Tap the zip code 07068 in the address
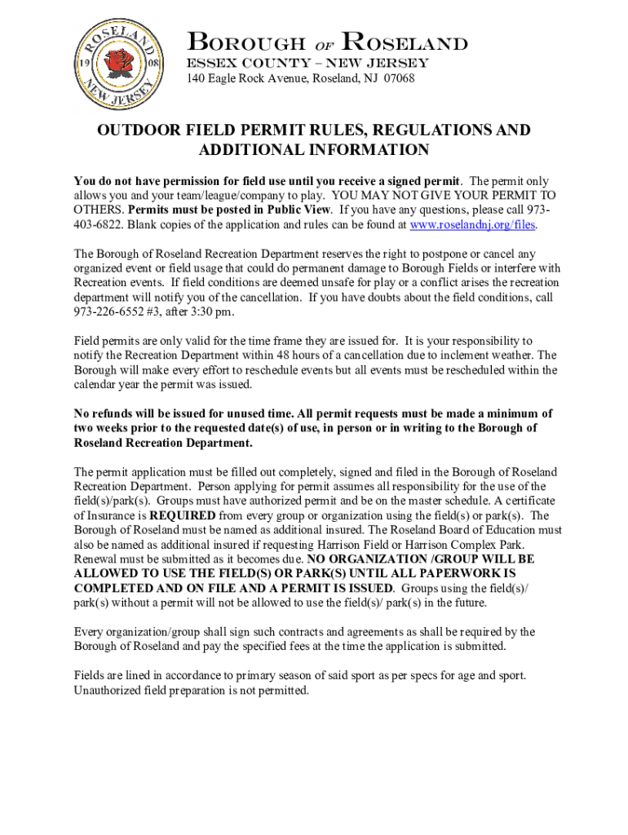(x=399, y=79)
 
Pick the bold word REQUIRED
(x=183, y=515)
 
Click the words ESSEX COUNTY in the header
(x=242, y=63)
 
